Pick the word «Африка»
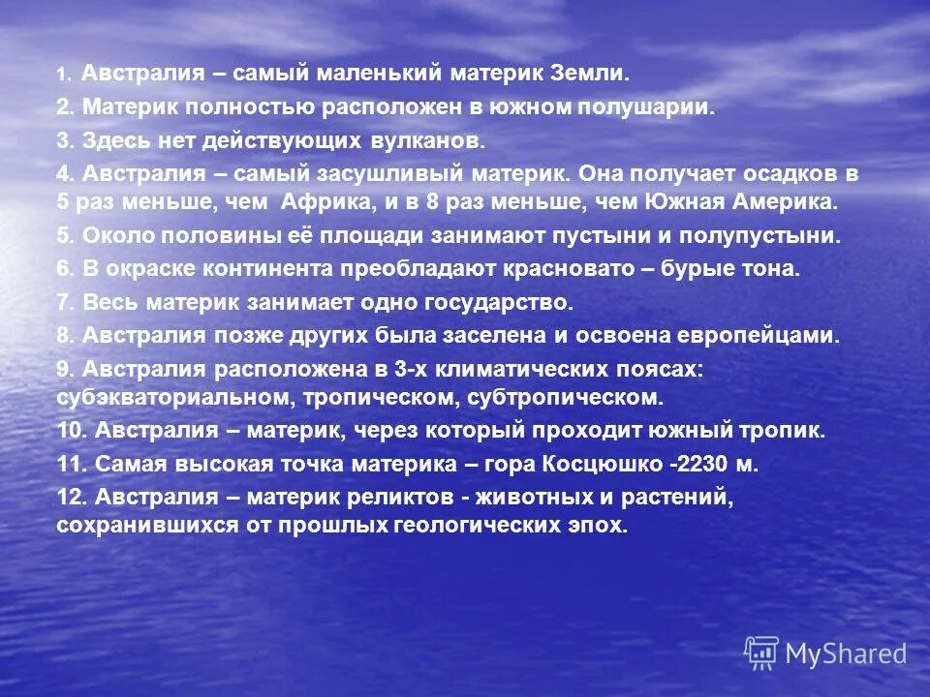[327, 202]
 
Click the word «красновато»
[559, 269]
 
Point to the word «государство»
[499, 302]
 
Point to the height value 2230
[704, 464]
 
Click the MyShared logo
[826, 652]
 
